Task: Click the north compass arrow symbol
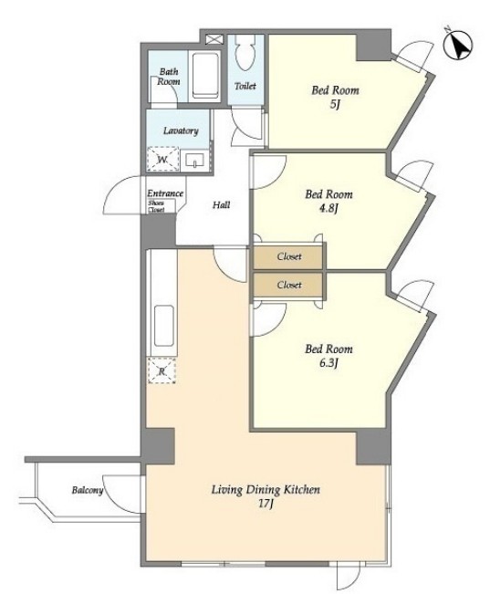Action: pos(458,45)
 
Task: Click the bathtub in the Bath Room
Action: pos(204,76)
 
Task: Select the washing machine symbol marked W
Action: pos(163,159)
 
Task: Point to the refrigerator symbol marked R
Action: pos(162,370)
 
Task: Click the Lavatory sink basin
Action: pos(194,161)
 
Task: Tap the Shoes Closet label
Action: pos(156,206)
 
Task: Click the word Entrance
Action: pos(165,193)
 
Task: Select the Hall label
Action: pos(222,205)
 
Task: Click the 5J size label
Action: pos(334,104)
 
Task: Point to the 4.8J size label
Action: pos(328,208)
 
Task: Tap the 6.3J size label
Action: pos(328,363)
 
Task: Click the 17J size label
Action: pos(266,504)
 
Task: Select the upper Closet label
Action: pos(289,256)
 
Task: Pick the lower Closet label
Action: pos(289,285)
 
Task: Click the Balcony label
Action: pos(88,490)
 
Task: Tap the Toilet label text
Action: pos(245,86)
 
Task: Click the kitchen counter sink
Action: pos(164,326)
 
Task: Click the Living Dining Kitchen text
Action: pos(266,489)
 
